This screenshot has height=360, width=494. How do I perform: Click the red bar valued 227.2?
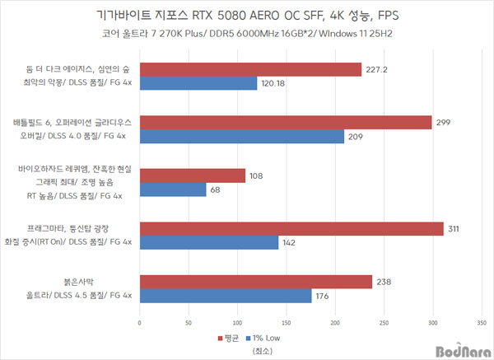tap(250, 69)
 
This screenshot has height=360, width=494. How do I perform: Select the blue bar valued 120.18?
tap(198, 83)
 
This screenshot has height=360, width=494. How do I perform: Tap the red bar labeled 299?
tap(286, 122)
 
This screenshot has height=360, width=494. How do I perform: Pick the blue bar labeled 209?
tap(241, 136)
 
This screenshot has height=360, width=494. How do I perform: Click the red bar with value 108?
tap(192, 175)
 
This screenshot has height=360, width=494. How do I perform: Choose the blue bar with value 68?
tap(172, 189)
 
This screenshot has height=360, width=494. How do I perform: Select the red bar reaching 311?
tap(291, 228)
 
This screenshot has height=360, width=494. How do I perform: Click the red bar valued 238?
tap(255, 282)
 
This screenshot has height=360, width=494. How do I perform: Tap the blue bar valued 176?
tap(225, 296)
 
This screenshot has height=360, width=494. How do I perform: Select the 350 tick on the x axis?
tap(482, 323)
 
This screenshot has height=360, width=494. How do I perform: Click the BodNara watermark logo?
tap(457, 348)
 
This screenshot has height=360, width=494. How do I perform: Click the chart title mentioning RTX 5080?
tap(246, 16)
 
